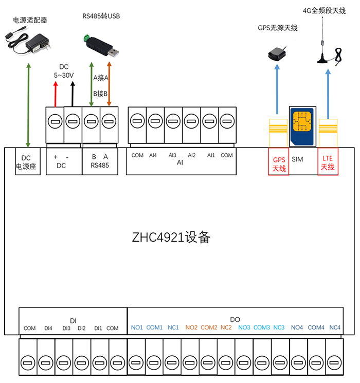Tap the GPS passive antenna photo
click(278, 52)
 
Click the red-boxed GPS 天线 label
click(278, 163)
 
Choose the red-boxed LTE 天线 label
click(328, 163)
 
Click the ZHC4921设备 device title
click(170, 238)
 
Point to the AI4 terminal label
click(153, 155)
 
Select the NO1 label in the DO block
click(137, 327)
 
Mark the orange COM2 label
click(209, 327)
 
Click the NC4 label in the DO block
click(335, 327)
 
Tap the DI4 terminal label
click(48, 328)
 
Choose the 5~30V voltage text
click(64, 75)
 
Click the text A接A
click(100, 78)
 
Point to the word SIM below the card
click(297, 159)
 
